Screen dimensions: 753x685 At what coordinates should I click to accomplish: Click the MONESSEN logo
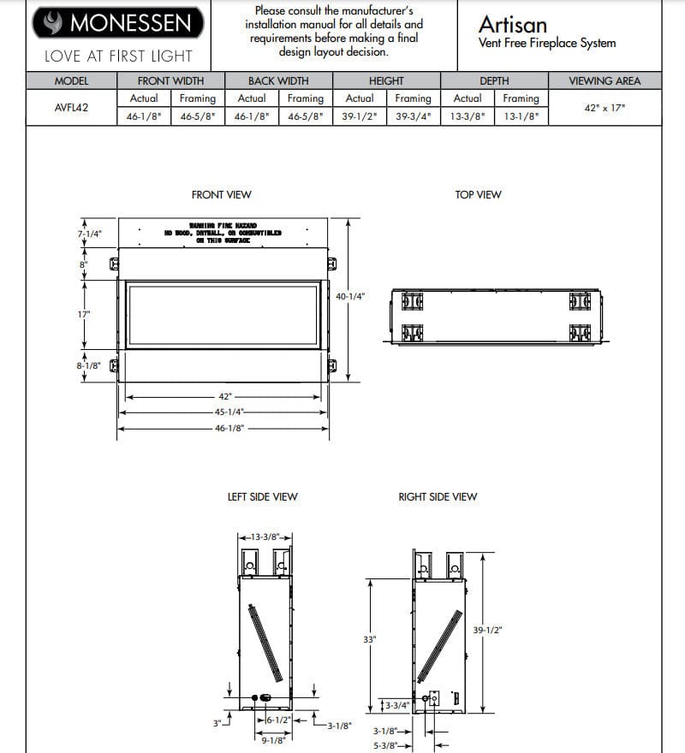(119, 23)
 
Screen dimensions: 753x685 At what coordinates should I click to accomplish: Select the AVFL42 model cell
(72, 108)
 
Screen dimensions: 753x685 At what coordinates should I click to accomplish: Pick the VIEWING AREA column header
(604, 81)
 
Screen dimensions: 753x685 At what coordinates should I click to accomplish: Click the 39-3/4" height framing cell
(414, 116)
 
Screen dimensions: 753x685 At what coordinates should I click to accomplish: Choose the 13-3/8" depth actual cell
(468, 116)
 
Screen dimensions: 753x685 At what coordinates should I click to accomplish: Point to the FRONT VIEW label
(222, 195)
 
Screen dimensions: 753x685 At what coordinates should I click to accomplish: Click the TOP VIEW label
(478, 195)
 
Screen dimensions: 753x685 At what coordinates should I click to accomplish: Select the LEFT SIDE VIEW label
(262, 496)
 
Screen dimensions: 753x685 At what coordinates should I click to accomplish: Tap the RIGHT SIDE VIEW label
(438, 496)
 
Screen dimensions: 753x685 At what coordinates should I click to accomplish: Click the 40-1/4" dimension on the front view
(350, 296)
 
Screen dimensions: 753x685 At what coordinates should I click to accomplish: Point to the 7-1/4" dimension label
(89, 234)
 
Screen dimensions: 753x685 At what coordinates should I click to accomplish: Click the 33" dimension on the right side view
(370, 639)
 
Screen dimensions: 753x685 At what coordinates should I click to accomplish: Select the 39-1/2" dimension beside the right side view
(487, 630)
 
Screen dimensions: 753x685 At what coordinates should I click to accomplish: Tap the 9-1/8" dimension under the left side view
(273, 740)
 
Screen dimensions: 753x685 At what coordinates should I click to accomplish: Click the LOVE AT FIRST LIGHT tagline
(119, 56)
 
